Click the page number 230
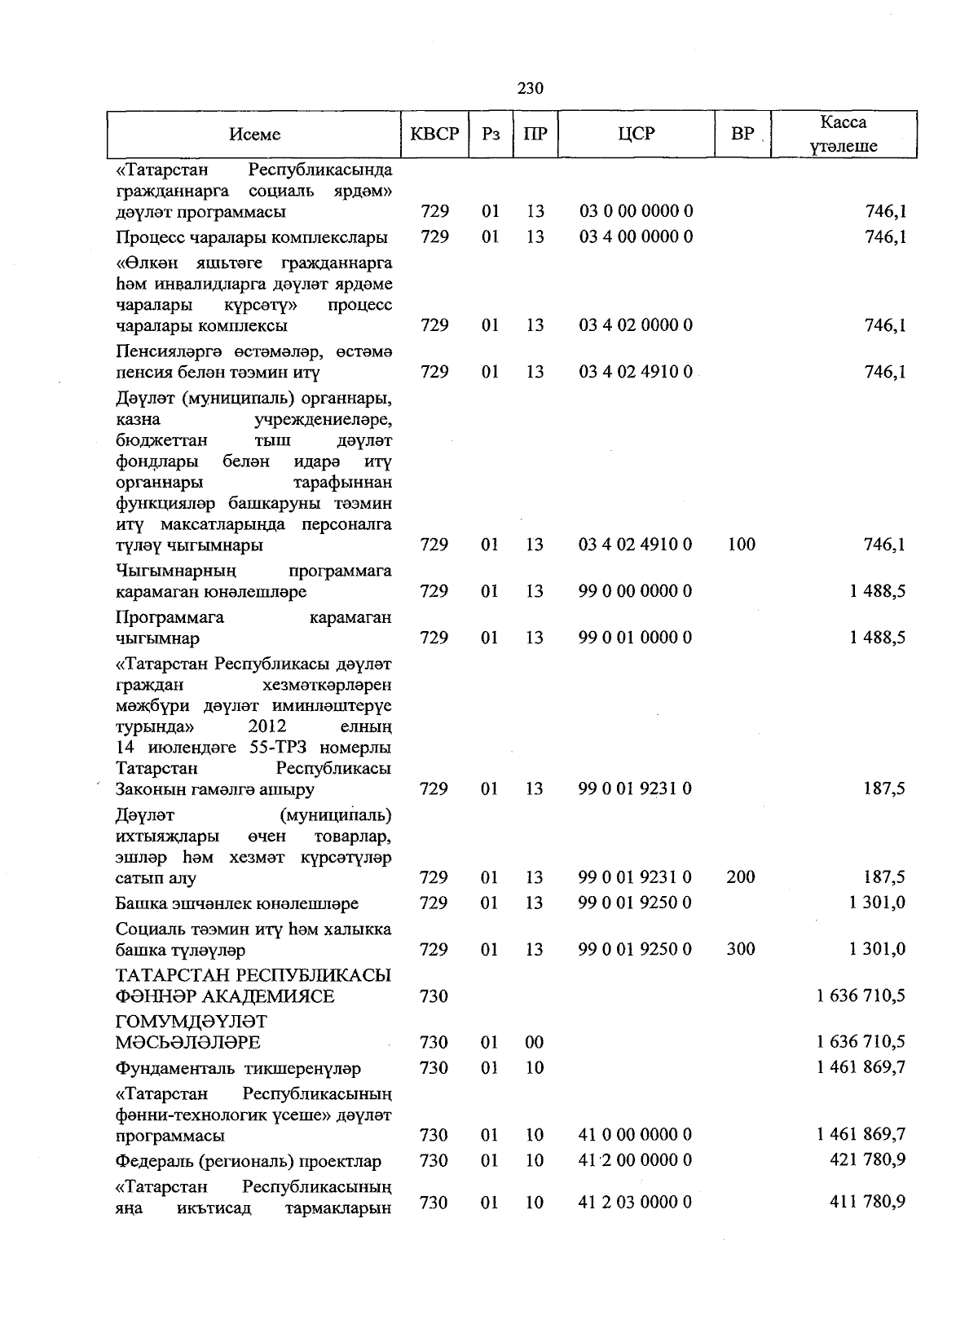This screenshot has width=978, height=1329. (530, 88)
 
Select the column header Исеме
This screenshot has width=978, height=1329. (254, 135)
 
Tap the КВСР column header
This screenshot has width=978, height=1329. (434, 135)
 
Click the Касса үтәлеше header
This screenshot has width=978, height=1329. (844, 135)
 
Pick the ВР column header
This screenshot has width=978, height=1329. (742, 135)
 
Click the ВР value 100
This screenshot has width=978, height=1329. (742, 545)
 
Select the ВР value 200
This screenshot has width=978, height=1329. (741, 878)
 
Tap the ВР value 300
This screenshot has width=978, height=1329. (741, 950)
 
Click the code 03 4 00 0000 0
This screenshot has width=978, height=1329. (636, 237)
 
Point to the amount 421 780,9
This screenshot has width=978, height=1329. (868, 1160)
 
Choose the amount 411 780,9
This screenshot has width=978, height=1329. (868, 1203)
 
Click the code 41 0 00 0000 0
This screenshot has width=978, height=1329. (636, 1135)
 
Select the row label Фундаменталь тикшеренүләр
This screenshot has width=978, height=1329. (238, 1068)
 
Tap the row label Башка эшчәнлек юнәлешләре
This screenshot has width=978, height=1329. (236, 903)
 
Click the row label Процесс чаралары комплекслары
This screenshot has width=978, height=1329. (251, 237)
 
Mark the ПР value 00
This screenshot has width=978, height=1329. (535, 1043)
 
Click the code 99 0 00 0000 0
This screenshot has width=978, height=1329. (636, 591)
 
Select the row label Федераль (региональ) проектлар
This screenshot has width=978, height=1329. (249, 1161)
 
